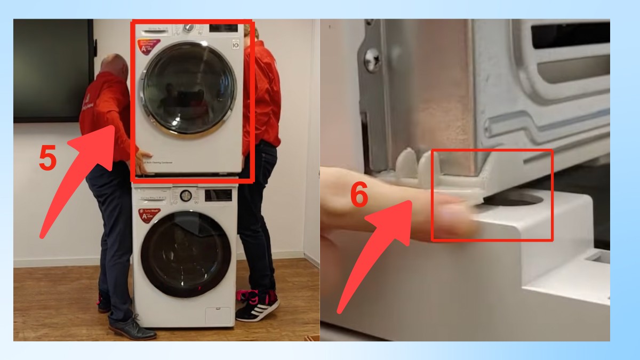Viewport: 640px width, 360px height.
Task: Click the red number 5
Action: (x=47, y=158)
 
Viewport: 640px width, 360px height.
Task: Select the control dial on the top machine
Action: (x=189, y=28)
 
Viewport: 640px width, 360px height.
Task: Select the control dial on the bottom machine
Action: (x=185, y=196)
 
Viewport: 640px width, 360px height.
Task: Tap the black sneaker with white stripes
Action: (x=257, y=309)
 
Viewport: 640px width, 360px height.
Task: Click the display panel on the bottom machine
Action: (x=218, y=195)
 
